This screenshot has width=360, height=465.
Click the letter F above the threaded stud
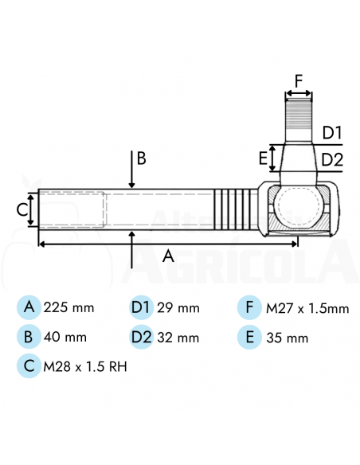pyautogui.click(x=299, y=80)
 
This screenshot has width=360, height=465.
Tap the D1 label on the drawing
pyautogui.click(x=332, y=132)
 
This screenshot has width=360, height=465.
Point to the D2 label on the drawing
pyautogui.click(x=332, y=159)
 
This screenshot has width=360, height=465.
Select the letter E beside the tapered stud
pyautogui.click(x=263, y=158)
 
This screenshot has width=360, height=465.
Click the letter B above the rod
pyautogui.click(x=142, y=158)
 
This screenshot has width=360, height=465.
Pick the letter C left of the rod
pyautogui.click(x=22, y=210)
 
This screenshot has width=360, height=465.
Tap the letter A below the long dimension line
pyautogui.click(x=168, y=256)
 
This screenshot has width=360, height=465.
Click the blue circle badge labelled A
pyautogui.click(x=29, y=307)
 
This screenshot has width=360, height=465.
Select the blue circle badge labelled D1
pyautogui.click(x=141, y=307)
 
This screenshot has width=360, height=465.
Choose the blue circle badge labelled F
pyautogui.click(x=249, y=307)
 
